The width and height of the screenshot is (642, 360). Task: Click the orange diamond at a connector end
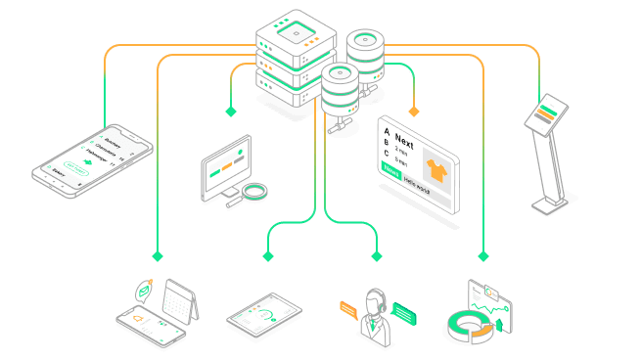click(413, 111)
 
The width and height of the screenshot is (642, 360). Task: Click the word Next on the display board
click(404, 144)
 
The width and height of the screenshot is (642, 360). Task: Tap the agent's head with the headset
click(376, 300)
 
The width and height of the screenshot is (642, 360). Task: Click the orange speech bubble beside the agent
click(347, 310)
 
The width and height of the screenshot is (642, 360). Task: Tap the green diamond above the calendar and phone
click(157, 256)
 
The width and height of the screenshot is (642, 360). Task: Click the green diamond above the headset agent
click(376, 256)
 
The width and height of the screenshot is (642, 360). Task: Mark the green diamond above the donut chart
click(482, 256)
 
